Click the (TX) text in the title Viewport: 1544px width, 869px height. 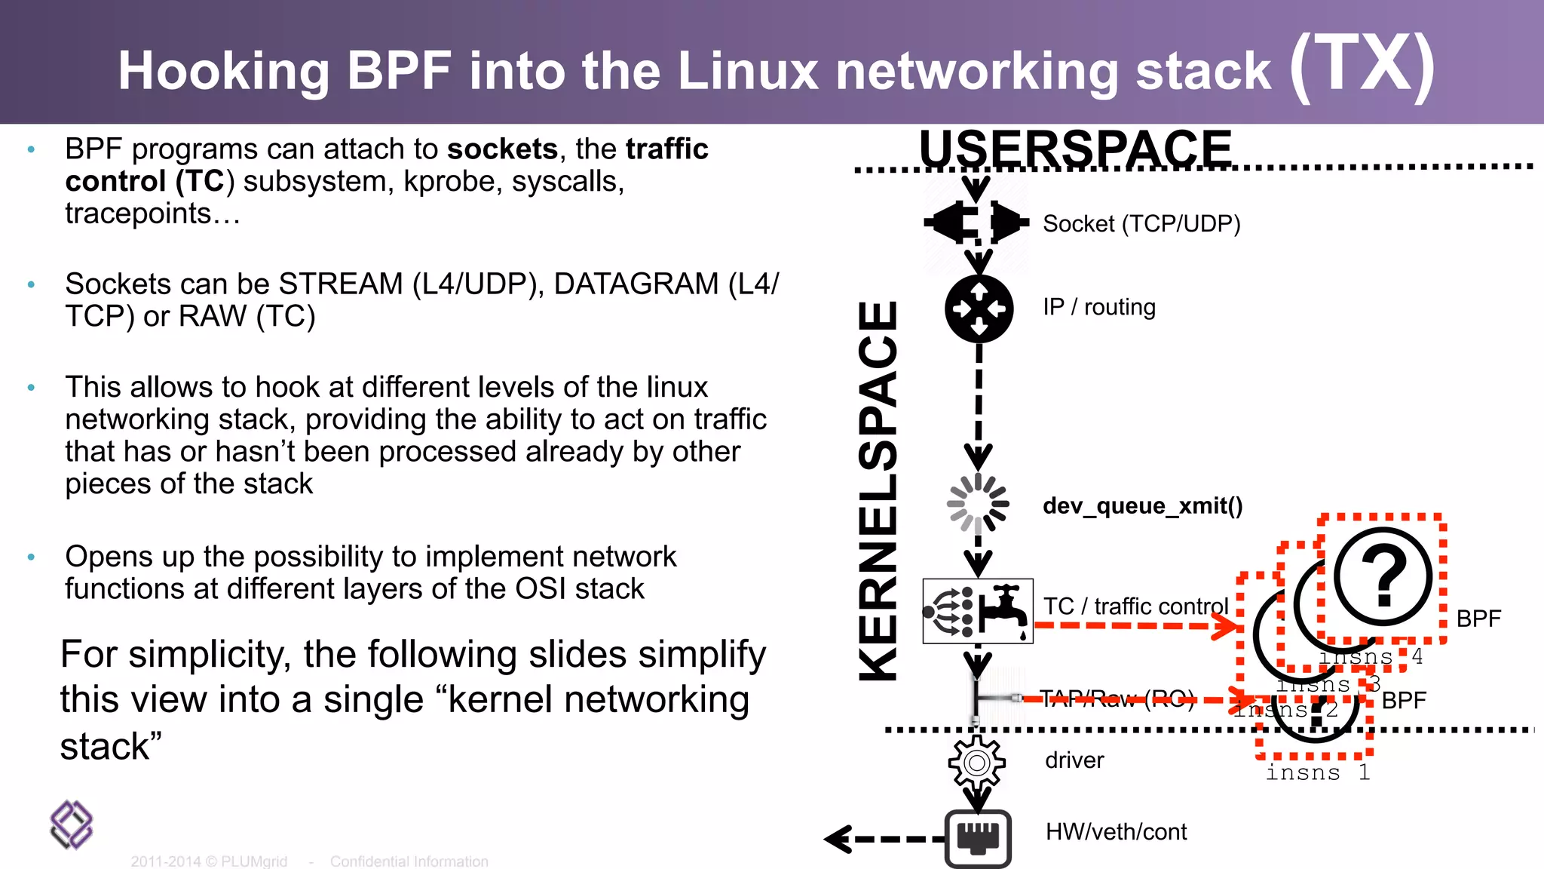pyautogui.click(x=1362, y=66)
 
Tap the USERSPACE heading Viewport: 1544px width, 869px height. pyautogui.click(x=1075, y=148)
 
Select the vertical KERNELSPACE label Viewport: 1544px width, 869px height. pyautogui.click(x=879, y=490)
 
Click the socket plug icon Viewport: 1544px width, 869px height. pyautogui.click(x=977, y=223)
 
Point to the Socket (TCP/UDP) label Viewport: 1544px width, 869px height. pyautogui.click(x=1141, y=224)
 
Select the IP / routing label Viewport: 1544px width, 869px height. pyautogui.click(x=1099, y=307)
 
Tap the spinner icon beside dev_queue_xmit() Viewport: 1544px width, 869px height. pyautogui.click(x=978, y=503)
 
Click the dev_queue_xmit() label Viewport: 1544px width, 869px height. pyautogui.click(x=1142, y=505)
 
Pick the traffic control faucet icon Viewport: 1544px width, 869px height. pyautogui.click(x=978, y=611)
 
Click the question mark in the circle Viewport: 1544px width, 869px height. pyautogui.click(x=1383, y=578)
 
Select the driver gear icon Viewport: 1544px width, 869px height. pyautogui.click(x=977, y=763)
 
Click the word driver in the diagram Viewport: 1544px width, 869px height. pyautogui.click(x=1074, y=760)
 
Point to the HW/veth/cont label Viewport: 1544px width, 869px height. pyautogui.click(x=1116, y=832)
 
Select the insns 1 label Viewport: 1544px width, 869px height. pyautogui.click(x=1317, y=773)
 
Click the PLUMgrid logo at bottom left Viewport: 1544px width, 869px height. pyautogui.click(x=72, y=824)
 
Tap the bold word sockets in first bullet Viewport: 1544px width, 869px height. pyautogui.click(x=502, y=149)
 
